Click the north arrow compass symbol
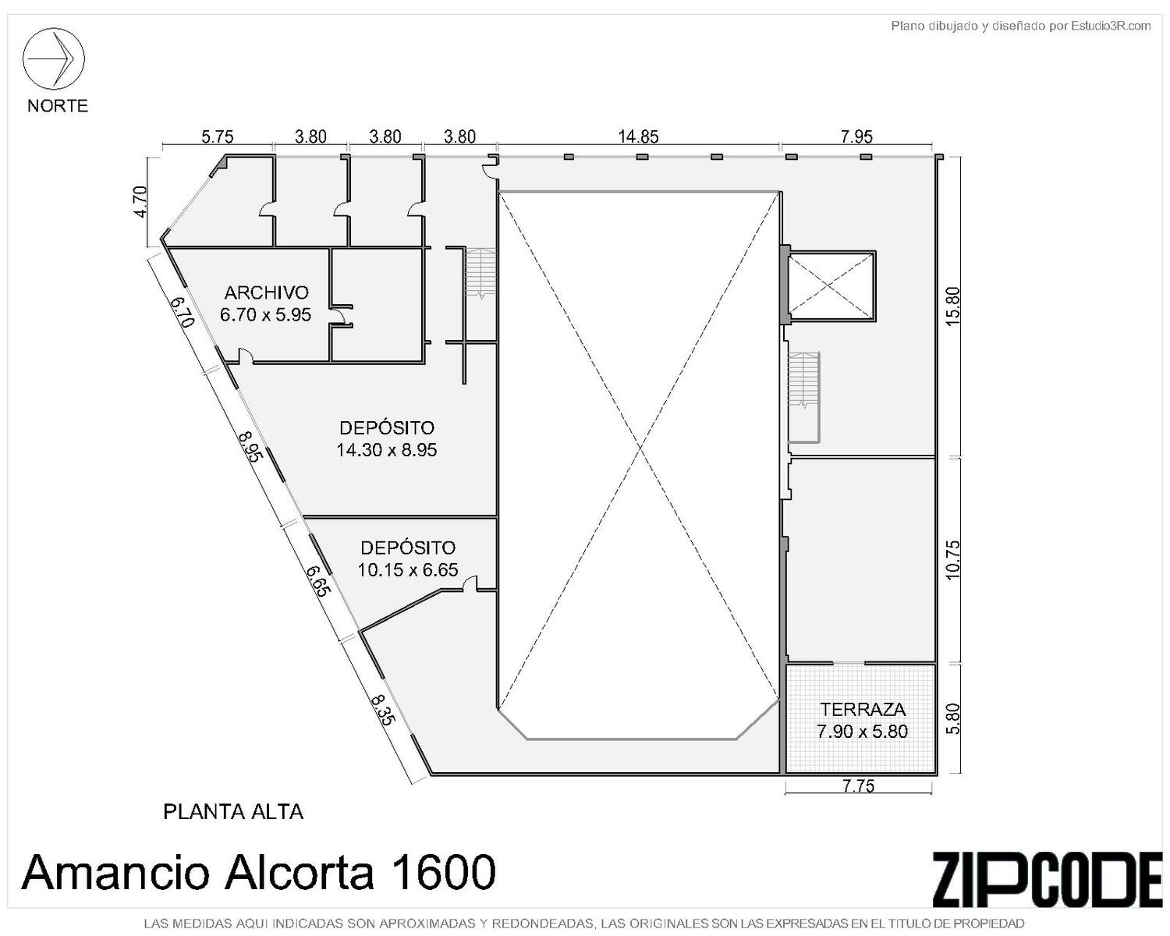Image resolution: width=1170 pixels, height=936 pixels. (x=53, y=58)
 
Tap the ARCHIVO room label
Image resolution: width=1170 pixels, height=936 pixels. (x=267, y=292)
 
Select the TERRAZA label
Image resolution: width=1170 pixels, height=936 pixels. (x=863, y=709)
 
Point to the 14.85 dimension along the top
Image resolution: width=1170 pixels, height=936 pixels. (x=638, y=136)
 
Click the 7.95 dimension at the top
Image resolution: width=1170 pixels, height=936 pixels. (x=856, y=136)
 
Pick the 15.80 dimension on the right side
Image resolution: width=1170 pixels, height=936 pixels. (x=953, y=307)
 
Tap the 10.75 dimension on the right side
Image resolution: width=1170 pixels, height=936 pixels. (x=953, y=560)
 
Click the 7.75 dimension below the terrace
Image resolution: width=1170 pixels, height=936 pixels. (x=859, y=786)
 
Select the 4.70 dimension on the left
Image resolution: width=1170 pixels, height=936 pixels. (x=140, y=202)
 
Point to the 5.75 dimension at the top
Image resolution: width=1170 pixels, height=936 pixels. (x=218, y=136)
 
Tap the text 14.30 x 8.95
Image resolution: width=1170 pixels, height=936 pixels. (x=387, y=450)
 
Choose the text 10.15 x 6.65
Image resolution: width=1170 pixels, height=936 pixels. (x=408, y=570)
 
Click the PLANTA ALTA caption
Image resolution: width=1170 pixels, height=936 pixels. (x=233, y=812)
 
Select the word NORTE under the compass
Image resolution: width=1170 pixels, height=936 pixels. (x=58, y=105)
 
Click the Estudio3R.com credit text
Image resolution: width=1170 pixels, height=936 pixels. (x=1111, y=26)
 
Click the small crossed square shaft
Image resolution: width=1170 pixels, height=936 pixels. (x=831, y=285)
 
